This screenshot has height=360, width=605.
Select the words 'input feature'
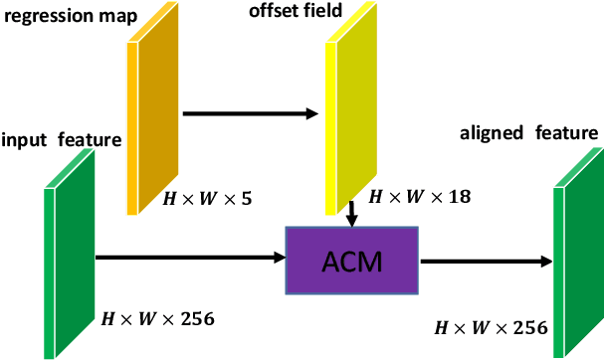click(61, 140)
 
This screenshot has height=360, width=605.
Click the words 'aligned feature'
click(528, 132)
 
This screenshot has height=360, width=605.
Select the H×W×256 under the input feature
click(157, 319)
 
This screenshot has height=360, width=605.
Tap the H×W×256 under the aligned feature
click(492, 327)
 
